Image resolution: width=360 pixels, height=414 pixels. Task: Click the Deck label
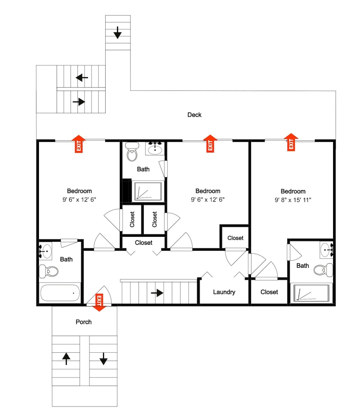(194, 115)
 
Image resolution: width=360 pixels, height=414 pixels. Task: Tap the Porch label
(83, 322)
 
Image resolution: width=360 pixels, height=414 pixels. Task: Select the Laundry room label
(224, 292)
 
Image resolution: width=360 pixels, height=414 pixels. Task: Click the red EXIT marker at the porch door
(99, 302)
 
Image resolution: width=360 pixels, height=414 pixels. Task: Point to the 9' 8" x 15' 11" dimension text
(293, 200)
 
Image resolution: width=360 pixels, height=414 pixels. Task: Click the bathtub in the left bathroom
(60, 293)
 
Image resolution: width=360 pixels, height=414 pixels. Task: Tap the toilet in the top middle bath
(132, 152)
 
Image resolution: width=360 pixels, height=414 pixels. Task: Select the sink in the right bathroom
(326, 250)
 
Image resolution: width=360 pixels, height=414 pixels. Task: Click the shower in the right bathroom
(309, 293)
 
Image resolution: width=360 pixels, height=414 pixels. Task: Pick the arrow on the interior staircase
(157, 293)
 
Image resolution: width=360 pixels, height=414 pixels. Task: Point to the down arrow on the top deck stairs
(117, 32)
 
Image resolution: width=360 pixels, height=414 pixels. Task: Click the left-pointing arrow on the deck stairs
(82, 78)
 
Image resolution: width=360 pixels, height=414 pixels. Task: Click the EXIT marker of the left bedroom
(78, 144)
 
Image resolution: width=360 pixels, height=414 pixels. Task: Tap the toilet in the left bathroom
(49, 271)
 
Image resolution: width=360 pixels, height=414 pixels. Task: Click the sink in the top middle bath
(155, 149)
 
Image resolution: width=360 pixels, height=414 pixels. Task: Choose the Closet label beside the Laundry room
(269, 292)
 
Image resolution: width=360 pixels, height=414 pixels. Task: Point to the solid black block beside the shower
(127, 190)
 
